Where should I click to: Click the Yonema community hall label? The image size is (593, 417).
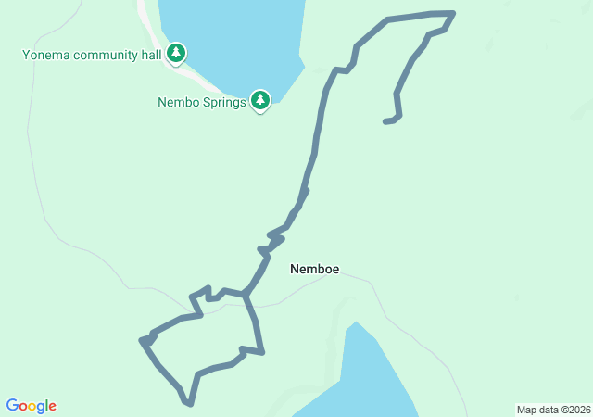pyautogui.click(x=93, y=55)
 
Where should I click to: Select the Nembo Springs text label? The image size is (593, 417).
pyautogui.click(x=201, y=102)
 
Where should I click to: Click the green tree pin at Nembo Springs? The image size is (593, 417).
pyautogui.click(x=260, y=100)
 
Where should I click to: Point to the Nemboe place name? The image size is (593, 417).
pyautogui.click(x=314, y=270)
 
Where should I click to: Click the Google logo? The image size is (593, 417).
pyautogui.click(x=32, y=406)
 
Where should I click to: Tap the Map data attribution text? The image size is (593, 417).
pyautogui.click(x=551, y=410)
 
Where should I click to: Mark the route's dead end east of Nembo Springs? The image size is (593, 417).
pyautogui.click(x=385, y=121)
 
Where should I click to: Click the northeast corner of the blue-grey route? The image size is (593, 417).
pyautogui.click(x=453, y=13)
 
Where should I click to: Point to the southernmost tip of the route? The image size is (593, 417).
pyautogui.click(x=189, y=404)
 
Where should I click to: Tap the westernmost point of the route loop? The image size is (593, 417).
pyautogui.click(x=142, y=341)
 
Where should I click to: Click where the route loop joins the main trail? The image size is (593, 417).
pyautogui.click(x=246, y=294)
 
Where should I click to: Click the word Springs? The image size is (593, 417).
pyautogui.click(x=223, y=102)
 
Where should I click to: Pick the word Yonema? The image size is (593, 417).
pyautogui.click(x=44, y=55)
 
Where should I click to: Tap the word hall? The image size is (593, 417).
pyautogui.click(x=153, y=55)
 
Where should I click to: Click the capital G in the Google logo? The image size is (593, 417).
pyautogui.click(x=12, y=406)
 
